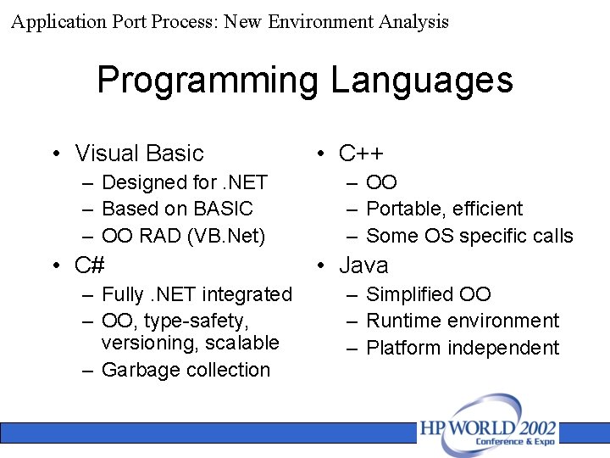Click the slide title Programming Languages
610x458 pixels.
pyautogui.click(x=305, y=81)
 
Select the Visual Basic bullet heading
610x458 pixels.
pyautogui.click(x=139, y=154)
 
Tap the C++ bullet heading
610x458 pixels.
pyautogui.click(x=361, y=154)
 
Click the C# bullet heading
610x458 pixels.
pyautogui.click(x=89, y=265)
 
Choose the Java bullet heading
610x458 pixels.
pyautogui.click(x=363, y=265)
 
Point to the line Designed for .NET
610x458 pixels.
pyautogui.click(x=184, y=182)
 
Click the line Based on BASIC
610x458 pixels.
pyautogui.click(x=177, y=209)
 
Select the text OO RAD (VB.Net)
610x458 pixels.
pyautogui.click(x=183, y=236)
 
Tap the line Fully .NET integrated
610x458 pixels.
pyautogui.click(x=196, y=294)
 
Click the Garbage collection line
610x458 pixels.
pyautogui.click(x=186, y=370)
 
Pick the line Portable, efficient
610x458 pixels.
pyautogui.click(x=444, y=209)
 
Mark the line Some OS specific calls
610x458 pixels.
pyautogui.click(x=469, y=236)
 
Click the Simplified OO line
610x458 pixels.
pyautogui.click(x=428, y=294)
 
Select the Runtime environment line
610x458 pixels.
pyautogui.click(x=463, y=321)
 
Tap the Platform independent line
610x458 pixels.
pyautogui.click(x=463, y=348)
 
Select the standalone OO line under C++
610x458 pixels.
pyautogui.click(x=381, y=182)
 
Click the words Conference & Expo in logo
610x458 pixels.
pyautogui.click(x=516, y=443)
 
